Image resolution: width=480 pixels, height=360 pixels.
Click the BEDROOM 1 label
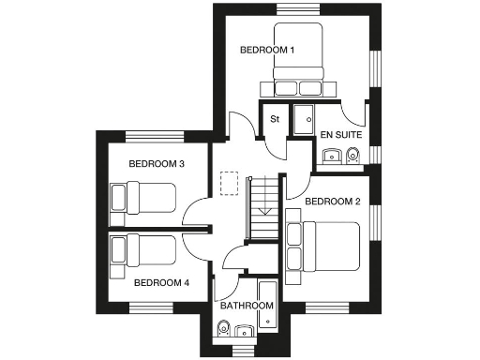tap(267, 50)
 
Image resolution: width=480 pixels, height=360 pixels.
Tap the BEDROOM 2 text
tap(332, 202)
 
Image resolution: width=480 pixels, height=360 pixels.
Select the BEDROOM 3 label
tap(156, 164)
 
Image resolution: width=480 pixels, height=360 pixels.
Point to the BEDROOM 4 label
tap(160, 281)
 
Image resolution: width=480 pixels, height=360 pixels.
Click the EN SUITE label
tap(341, 135)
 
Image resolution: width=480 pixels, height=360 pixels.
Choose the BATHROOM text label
tap(247, 306)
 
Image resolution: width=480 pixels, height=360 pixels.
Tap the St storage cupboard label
tap(276, 119)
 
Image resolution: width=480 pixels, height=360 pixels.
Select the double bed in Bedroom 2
tap(323, 245)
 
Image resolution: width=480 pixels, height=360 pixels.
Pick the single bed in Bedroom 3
tap(143, 198)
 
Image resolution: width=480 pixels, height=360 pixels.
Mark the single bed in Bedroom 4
tap(143, 249)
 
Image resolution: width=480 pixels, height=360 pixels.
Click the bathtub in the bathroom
tap(266, 305)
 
